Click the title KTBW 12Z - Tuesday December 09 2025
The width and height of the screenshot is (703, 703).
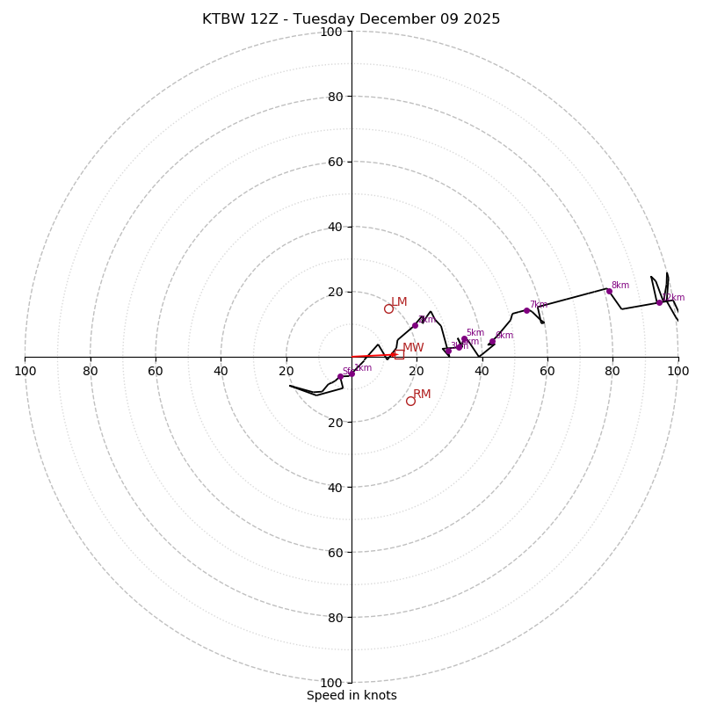(x=351, y=19)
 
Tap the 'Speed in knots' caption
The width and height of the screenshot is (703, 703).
(x=351, y=695)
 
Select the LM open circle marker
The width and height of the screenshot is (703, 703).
(x=388, y=308)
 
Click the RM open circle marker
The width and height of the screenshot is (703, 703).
(x=410, y=401)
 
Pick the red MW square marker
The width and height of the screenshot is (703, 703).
(x=399, y=354)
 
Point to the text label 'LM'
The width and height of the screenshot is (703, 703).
(x=399, y=302)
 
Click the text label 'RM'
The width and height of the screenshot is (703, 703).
(x=422, y=395)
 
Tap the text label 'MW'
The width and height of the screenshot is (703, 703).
(x=413, y=348)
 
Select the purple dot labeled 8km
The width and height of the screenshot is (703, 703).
(x=609, y=291)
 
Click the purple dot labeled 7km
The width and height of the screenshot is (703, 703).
(x=526, y=310)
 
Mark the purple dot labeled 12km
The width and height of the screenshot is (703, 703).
(x=659, y=302)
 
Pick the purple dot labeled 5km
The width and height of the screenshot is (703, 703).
(x=464, y=338)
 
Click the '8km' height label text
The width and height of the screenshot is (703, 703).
(x=620, y=286)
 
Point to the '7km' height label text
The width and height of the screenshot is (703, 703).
(x=538, y=305)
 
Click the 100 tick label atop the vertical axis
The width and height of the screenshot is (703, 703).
(x=330, y=32)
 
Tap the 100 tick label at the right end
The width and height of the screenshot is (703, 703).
(x=678, y=371)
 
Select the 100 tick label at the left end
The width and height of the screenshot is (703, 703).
(x=25, y=371)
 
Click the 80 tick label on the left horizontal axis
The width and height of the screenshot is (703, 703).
(x=91, y=371)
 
